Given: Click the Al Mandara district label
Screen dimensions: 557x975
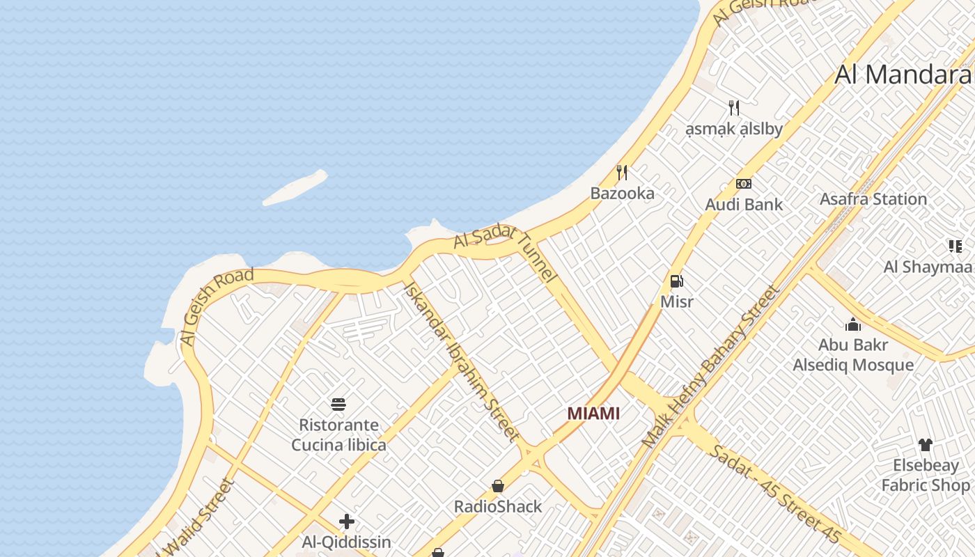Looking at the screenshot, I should click(x=903, y=74).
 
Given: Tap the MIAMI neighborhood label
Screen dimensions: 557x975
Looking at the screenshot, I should click(x=593, y=413).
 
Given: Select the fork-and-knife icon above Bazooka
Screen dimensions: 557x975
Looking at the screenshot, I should click(x=622, y=172).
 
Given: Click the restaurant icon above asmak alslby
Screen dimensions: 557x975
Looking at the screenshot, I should click(x=733, y=107).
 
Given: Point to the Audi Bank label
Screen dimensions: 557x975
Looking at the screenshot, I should click(x=744, y=205).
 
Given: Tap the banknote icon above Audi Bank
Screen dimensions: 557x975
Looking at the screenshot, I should click(x=744, y=184).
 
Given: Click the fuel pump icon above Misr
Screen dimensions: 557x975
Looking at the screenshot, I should click(x=676, y=281).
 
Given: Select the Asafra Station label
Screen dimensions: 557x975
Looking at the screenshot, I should click(x=873, y=199).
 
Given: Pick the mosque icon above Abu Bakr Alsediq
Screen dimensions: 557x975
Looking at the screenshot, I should click(x=853, y=324).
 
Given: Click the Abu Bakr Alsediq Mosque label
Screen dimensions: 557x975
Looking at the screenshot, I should click(x=853, y=355).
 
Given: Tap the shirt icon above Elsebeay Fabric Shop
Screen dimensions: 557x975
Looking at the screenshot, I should click(x=925, y=445).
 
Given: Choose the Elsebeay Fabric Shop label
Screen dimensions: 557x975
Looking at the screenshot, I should click(x=926, y=475).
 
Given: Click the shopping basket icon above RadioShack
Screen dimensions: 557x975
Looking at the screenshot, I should click(x=498, y=486).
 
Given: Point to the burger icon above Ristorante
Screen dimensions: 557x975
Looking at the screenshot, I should click(x=338, y=405).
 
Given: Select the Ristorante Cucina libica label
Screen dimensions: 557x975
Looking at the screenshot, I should click(x=338, y=434).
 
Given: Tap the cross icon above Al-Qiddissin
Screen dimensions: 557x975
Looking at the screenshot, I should click(x=346, y=521).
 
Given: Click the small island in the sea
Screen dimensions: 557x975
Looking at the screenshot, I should click(x=295, y=188).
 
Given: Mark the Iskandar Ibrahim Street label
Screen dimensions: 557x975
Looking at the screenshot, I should click(x=461, y=361).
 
